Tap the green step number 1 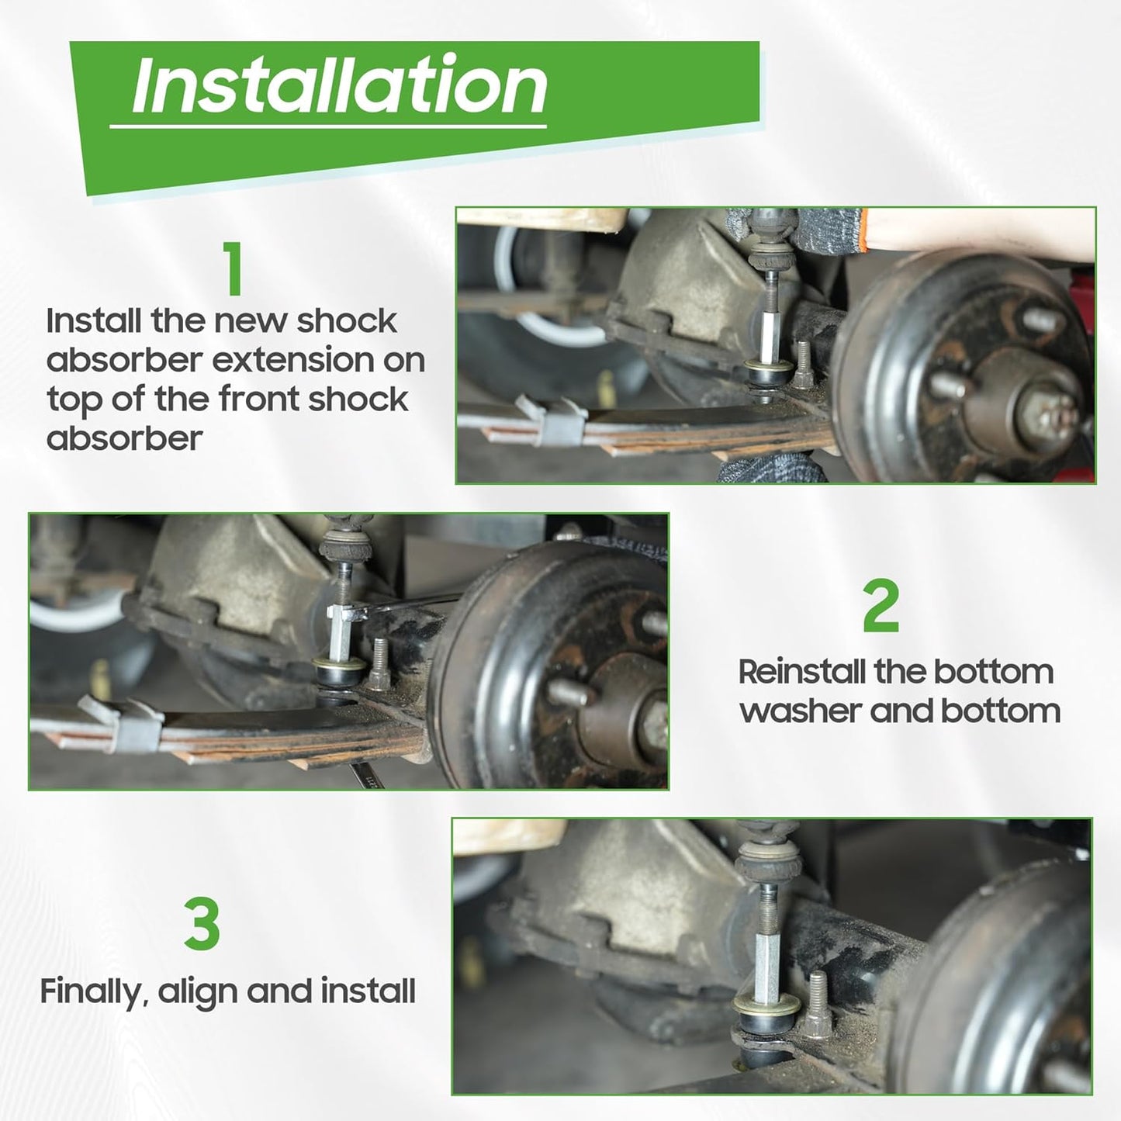coord(233,268)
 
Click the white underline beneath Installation coord(328,126)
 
